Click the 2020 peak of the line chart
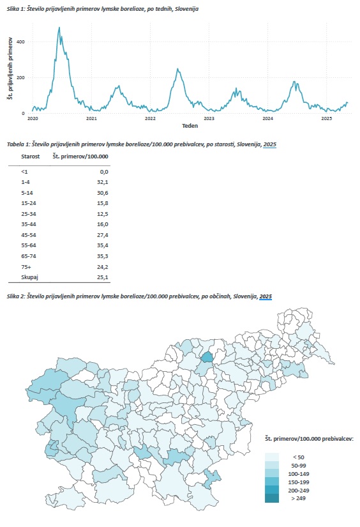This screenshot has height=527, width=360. (x=59, y=27)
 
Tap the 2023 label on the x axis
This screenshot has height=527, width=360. (x=209, y=119)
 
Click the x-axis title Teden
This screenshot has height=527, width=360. (x=190, y=126)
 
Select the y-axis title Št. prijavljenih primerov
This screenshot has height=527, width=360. (x=10, y=68)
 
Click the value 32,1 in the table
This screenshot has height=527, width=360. (x=102, y=182)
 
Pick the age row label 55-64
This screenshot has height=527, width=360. (x=29, y=245)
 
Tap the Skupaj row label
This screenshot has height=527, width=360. (x=29, y=277)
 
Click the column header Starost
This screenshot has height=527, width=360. (x=30, y=157)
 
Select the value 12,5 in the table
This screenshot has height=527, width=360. (x=102, y=214)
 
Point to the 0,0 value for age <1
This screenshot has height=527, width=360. (x=104, y=172)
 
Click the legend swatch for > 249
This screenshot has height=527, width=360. (x=272, y=498)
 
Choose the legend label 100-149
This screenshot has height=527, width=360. (x=299, y=474)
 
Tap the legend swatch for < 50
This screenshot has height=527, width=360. (x=272, y=457)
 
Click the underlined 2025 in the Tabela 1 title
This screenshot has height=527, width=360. (x=269, y=144)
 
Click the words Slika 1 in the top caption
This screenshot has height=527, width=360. (x=15, y=9)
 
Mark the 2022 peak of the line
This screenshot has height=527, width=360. (x=177, y=69)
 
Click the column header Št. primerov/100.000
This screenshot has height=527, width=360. (x=80, y=157)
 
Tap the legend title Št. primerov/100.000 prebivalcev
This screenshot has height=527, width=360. (x=309, y=439)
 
